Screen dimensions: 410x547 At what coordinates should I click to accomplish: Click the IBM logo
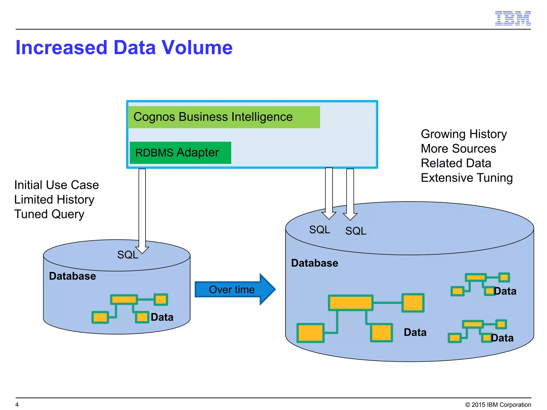point(513,18)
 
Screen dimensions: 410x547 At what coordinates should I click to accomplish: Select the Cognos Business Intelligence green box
point(224,117)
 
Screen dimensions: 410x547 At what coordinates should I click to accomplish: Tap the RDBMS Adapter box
point(180,153)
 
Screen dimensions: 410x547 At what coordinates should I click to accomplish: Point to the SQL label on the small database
point(128,255)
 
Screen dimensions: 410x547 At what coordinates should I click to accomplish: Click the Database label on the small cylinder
point(72,276)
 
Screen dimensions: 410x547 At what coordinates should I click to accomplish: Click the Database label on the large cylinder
point(314,263)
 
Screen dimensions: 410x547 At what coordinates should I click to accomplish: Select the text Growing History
point(464,134)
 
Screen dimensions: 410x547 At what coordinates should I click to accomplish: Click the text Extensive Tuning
point(467,178)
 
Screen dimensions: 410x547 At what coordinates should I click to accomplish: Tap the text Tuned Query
point(49,214)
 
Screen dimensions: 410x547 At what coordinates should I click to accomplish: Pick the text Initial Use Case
point(57,185)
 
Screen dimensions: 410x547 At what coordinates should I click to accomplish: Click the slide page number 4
point(17,404)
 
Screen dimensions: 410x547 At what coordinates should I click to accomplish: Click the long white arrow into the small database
point(142,208)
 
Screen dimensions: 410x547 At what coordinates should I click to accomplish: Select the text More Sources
point(458,149)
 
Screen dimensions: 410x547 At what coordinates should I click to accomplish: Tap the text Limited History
point(54,200)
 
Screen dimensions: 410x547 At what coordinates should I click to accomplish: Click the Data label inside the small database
point(162,317)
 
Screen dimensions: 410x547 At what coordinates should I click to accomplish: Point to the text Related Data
point(456,163)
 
